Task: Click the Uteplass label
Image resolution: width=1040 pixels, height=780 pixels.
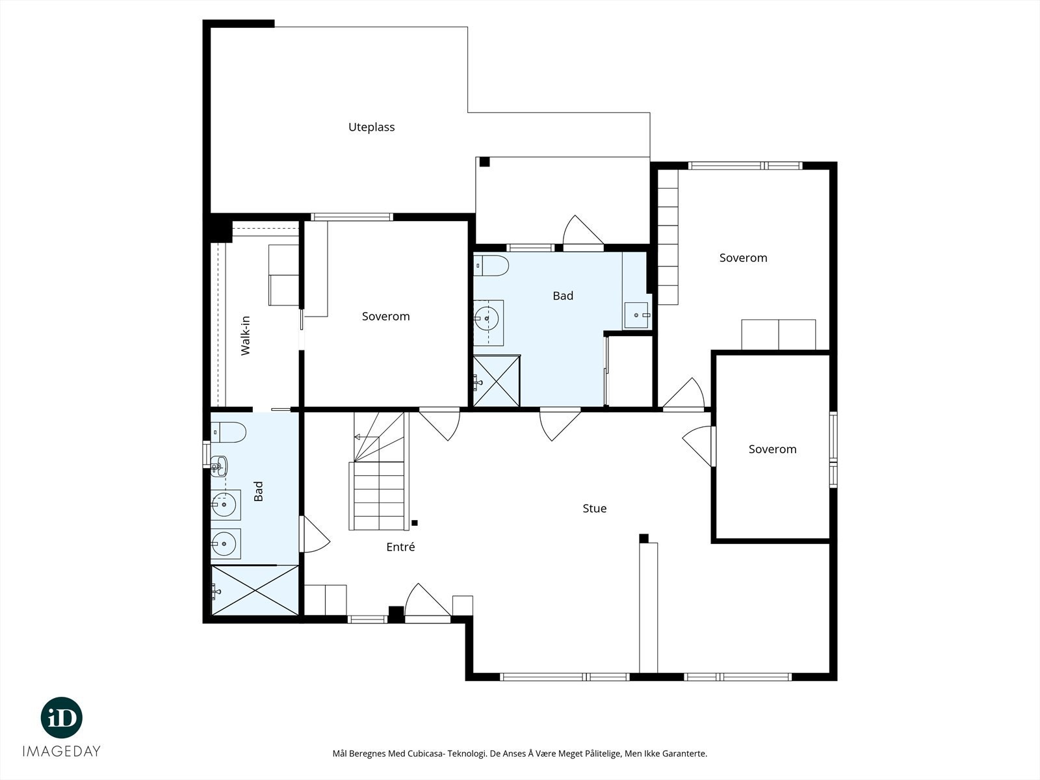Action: click(x=371, y=127)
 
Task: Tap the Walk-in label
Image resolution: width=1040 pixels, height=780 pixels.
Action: click(x=245, y=335)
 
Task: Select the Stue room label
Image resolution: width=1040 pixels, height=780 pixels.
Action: click(x=595, y=508)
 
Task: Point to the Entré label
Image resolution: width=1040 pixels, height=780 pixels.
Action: click(x=400, y=547)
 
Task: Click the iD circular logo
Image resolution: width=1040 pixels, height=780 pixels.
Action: click(x=62, y=718)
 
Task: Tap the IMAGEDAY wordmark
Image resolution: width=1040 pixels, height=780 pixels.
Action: click(x=62, y=751)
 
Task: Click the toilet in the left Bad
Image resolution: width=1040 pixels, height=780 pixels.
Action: click(x=228, y=432)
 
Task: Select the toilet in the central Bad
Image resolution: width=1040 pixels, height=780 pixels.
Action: click(x=491, y=266)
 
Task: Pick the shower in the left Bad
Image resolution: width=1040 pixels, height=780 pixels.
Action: click(x=255, y=590)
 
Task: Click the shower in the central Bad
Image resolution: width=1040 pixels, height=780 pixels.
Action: click(x=497, y=381)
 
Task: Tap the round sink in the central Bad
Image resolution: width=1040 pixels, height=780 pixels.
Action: click(x=487, y=318)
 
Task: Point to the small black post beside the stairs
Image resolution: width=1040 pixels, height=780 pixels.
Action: click(x=415, y=523)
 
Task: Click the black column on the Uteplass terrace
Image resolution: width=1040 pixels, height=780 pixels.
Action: click(x=484, y=162)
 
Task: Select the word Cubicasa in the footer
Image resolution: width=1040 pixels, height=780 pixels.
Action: click(x=425, y=753)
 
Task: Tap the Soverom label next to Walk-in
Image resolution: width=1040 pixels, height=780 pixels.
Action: click(x=385, y=317)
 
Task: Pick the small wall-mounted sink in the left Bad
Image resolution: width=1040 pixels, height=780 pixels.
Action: click(x=218, y=466)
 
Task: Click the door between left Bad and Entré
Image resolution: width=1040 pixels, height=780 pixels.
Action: click(x=315, y=534)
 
